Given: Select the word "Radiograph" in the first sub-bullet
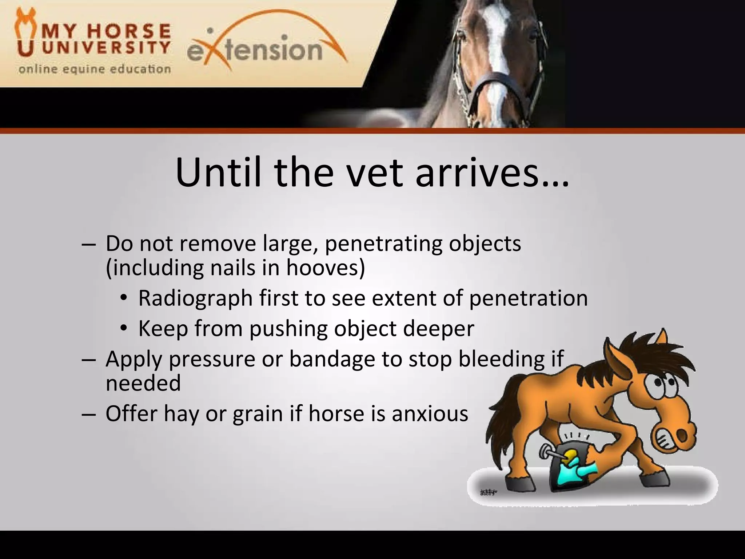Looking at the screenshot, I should [x=195, y=298].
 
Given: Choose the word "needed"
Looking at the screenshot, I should [x=143, y=383].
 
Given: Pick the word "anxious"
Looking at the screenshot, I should [x=430, y=413].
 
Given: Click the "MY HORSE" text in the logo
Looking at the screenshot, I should [x=106, y=31].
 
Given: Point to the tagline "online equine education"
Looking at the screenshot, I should [x=95, y=69].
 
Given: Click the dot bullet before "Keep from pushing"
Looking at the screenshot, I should [x=124, y=329].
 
